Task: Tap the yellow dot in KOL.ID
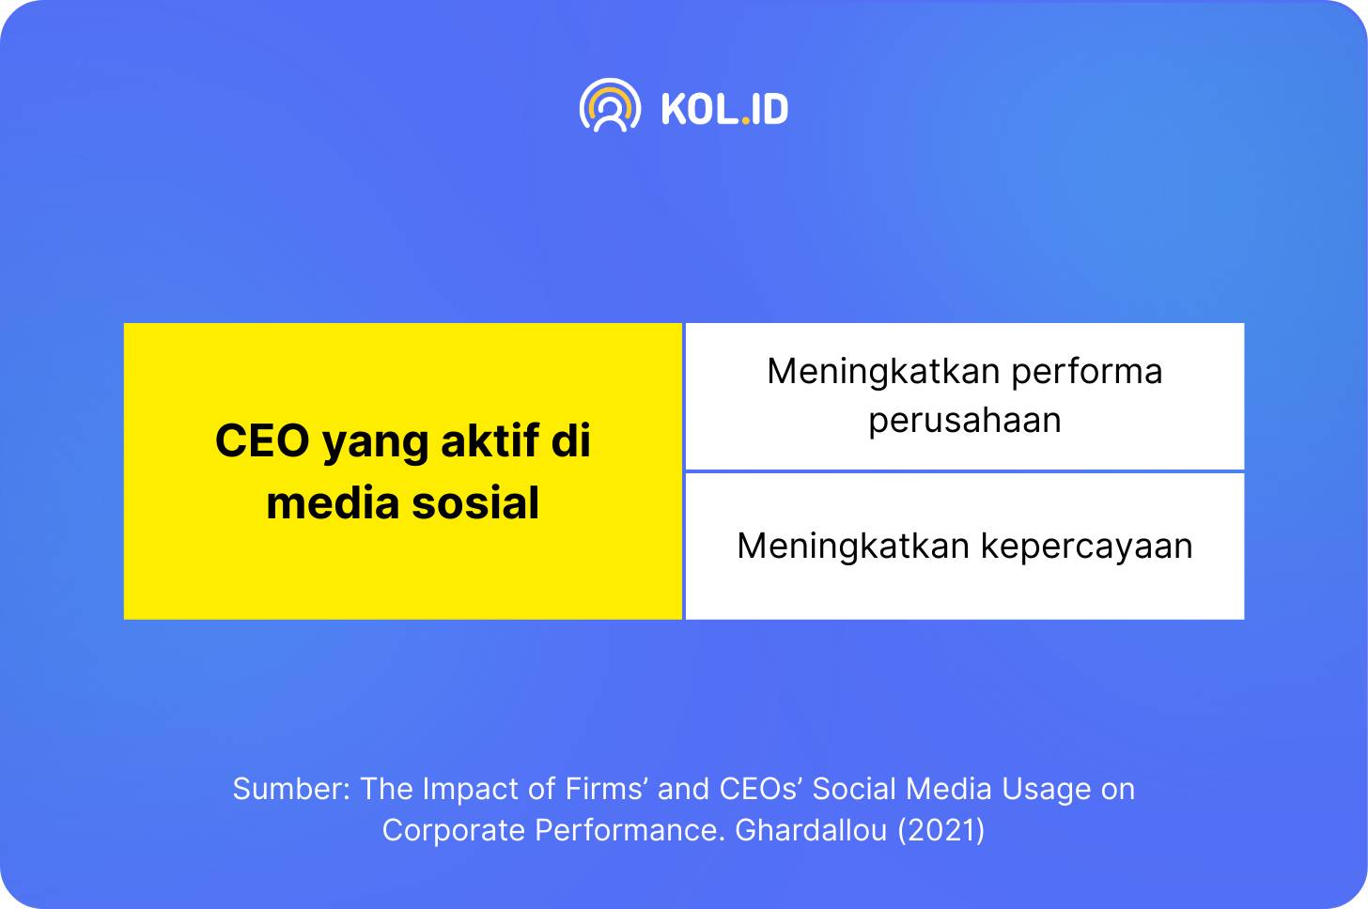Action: (745, 121)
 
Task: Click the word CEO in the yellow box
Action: (263, 440)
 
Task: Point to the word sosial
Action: (475, 502)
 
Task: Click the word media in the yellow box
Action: (333, 502)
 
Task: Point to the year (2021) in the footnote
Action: (941, 830)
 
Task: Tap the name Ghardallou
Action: (811, 830)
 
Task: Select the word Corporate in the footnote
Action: (454, 831)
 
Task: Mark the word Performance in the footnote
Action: (630, 830)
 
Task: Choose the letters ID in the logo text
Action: (770, 110)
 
